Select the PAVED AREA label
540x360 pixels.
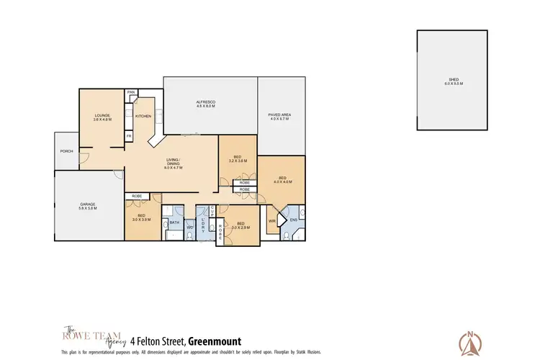tap(279, 117)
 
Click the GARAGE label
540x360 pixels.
tap(88, 206)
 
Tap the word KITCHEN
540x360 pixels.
tap(143, 115)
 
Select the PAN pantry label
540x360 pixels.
tap(131, 92)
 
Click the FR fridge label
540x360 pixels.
tap(130, 135)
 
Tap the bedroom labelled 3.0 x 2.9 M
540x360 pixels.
tap(241, 225)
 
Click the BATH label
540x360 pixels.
tap(174, 222)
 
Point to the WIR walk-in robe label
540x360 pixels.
tap(272, 221)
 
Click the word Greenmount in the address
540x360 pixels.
tap(214, 341)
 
